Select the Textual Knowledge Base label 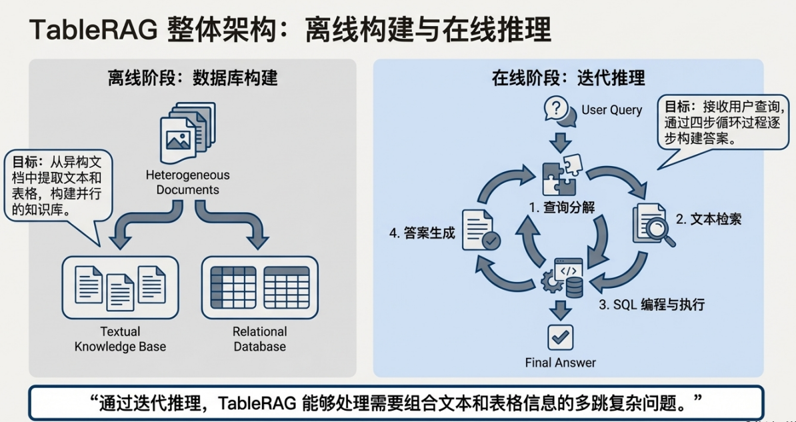click(120, 339)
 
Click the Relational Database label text click(260, 339)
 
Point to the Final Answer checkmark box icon click(561, 337)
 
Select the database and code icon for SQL click(563, 278)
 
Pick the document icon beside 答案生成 click(481, 231)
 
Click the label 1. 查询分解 click(562, 207)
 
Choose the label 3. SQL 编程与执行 click(653, 305)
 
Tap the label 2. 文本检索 click(709, 219)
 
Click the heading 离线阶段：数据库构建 click(193, 79)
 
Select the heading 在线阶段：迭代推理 click(569, 79)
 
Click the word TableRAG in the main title click(93, 31)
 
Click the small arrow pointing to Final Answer click(561, 310)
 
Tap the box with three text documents click(120, 287)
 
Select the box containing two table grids click(260, 287)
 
